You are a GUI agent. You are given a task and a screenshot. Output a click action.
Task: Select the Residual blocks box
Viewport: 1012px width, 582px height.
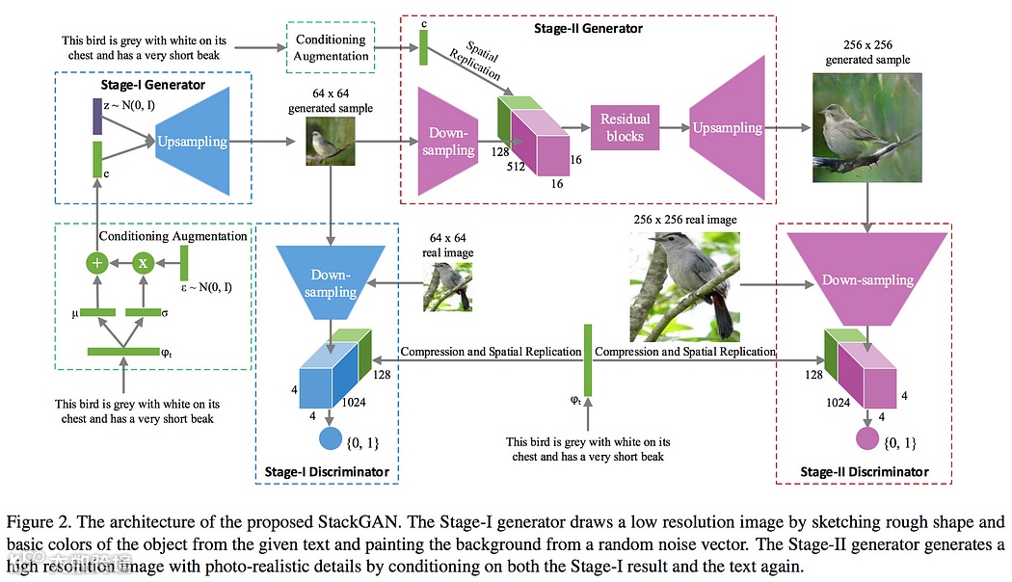pyautogui.click(x=625, y=127)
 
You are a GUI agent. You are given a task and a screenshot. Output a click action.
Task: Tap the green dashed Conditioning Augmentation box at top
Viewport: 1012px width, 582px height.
pyautogui.click(x=330, y=47)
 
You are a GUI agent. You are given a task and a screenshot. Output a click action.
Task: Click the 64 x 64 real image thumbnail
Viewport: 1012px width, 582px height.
pyautogui.click(x=447, y=287)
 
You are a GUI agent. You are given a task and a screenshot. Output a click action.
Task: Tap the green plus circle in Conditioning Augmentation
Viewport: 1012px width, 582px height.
pyautogui.click(x=95, y=262)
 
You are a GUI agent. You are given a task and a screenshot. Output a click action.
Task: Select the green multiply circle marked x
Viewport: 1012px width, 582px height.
pyautogui.click(x=144, y=262)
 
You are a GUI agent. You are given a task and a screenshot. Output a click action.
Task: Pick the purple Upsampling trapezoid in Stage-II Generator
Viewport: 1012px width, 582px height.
pyautogui.click(x=727, y=127)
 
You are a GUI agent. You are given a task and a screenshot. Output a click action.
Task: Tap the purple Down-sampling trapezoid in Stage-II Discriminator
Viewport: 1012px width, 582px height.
pyautogui.click(x=867, y=279)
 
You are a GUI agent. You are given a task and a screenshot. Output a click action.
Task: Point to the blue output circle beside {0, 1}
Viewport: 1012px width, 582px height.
pyautogui.click(x=331, y=440)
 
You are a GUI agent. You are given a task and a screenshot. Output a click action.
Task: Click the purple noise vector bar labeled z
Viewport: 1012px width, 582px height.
pyautogui.click(x=96, y=115)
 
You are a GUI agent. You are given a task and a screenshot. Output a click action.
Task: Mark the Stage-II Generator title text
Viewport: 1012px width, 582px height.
pyautogui.click(x=587, y=28)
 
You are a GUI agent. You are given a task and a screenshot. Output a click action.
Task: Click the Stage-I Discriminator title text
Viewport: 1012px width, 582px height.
pyautogui.click(x=327, y=471)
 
